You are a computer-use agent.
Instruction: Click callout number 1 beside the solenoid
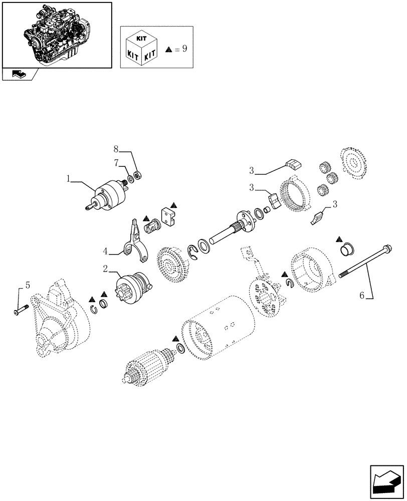(x=68, y=179)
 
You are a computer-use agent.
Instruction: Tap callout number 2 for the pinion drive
(x=105, y=269)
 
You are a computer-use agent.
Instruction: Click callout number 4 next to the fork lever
(x=106, y=250)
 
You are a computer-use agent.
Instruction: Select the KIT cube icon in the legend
(x=143, y=49)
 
